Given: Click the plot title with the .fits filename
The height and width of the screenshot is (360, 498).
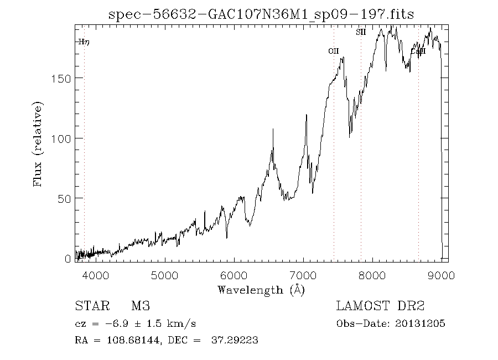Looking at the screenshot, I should pos(262,14).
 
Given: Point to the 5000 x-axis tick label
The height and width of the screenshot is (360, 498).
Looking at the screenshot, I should pos(164,275).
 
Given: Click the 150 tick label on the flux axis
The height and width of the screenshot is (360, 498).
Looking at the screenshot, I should pos(61,78).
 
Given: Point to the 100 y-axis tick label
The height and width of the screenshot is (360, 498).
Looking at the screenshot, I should pos(61,138).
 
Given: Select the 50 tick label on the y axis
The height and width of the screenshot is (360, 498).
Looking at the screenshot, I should pos(64,198).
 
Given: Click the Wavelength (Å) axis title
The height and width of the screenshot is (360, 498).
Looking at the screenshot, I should pos(261,290).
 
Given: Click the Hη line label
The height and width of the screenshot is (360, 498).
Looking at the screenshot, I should pos(84,42).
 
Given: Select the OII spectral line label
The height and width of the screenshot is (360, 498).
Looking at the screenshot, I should pos(333,51).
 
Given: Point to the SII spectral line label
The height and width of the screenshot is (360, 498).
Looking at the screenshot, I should pos(361,32).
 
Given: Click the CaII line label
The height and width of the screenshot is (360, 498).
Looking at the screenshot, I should pos(418,52).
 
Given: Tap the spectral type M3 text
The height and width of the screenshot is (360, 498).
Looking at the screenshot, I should pos(141,306).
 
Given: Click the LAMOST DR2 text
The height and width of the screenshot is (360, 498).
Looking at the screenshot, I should pos(380,306).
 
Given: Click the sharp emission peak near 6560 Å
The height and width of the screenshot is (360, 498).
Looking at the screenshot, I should pos(272,130).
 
